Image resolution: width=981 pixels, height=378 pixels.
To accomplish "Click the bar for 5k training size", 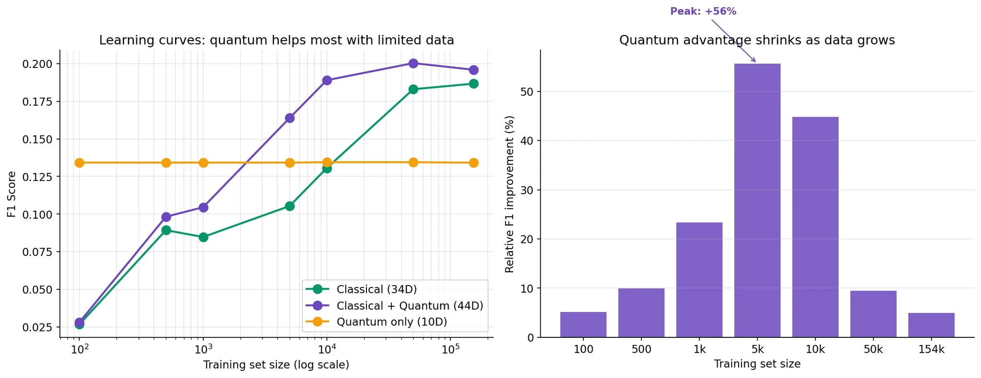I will (x=757, y=201).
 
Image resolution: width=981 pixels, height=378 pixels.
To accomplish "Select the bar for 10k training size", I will (x=815, y=227).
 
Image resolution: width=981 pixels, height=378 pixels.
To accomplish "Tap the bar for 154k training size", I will (x=931, y=325).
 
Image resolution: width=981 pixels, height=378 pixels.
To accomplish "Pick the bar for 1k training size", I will (x=699, y=280).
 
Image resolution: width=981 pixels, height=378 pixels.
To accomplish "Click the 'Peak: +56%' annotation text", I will (x=703, y=11).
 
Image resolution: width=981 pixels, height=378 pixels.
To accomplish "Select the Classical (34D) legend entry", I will (x=376, y=289).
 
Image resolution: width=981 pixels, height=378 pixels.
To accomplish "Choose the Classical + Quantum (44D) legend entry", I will (x=410, y=306).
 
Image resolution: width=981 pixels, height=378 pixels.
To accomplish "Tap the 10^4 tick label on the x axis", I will (x=326, y=349).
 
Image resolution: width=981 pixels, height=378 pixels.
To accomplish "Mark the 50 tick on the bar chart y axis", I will (x=527, y=91).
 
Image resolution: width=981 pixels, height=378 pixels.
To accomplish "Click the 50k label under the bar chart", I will (x=873, y=350).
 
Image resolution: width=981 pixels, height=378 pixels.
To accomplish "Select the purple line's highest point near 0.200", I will (x=413, y=63).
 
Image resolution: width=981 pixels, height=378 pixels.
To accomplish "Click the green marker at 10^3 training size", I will (x=203, y=237).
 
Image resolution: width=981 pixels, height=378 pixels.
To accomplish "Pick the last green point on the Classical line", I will (x=473, y=84).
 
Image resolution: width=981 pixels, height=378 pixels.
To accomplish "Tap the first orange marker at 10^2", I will (x=80, y=163).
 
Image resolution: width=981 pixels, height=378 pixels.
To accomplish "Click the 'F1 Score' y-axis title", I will (x=11, y=194).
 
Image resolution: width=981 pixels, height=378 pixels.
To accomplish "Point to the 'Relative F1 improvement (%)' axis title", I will (x=510, y=194).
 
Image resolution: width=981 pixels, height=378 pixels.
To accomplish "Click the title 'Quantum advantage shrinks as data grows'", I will (x=757, y=40).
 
